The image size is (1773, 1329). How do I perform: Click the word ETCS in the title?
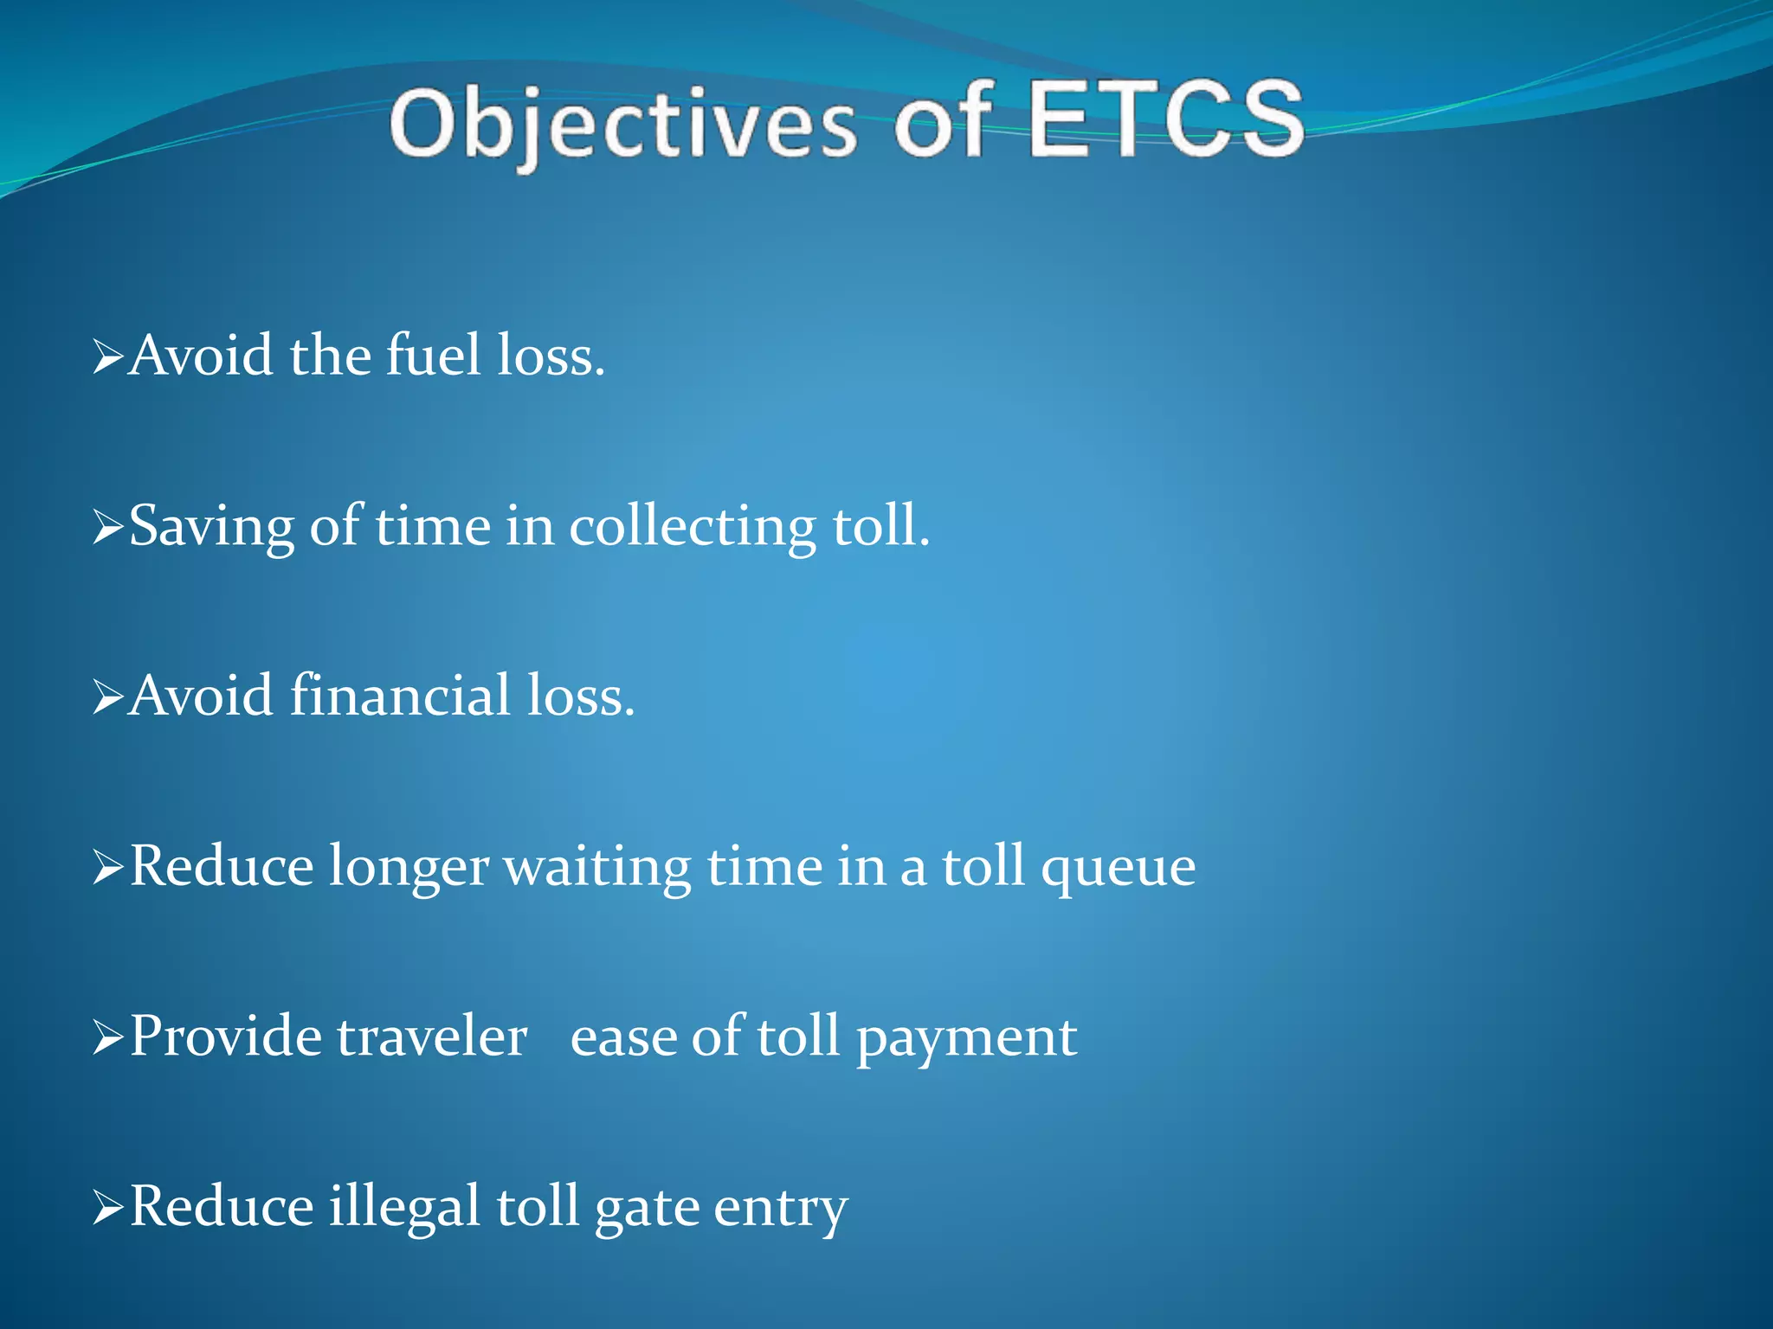[x=1165, y=121]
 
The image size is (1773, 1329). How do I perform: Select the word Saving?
[x=211, y=526]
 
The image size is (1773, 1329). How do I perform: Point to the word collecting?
[x=692, y=526]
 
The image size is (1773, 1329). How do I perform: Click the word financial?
[x=400, y=696]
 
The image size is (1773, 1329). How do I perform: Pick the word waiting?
[x=597, y=867]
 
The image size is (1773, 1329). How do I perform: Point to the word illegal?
[x=403, y=1207]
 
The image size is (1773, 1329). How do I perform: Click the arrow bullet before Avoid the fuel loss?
[x=107, y=356]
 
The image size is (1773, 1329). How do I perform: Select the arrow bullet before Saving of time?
[x=107, y=527]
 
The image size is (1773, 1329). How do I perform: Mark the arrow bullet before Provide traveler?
[x=107, y=1037]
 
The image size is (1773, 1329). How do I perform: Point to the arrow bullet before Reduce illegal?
[x=107, y=1208]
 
